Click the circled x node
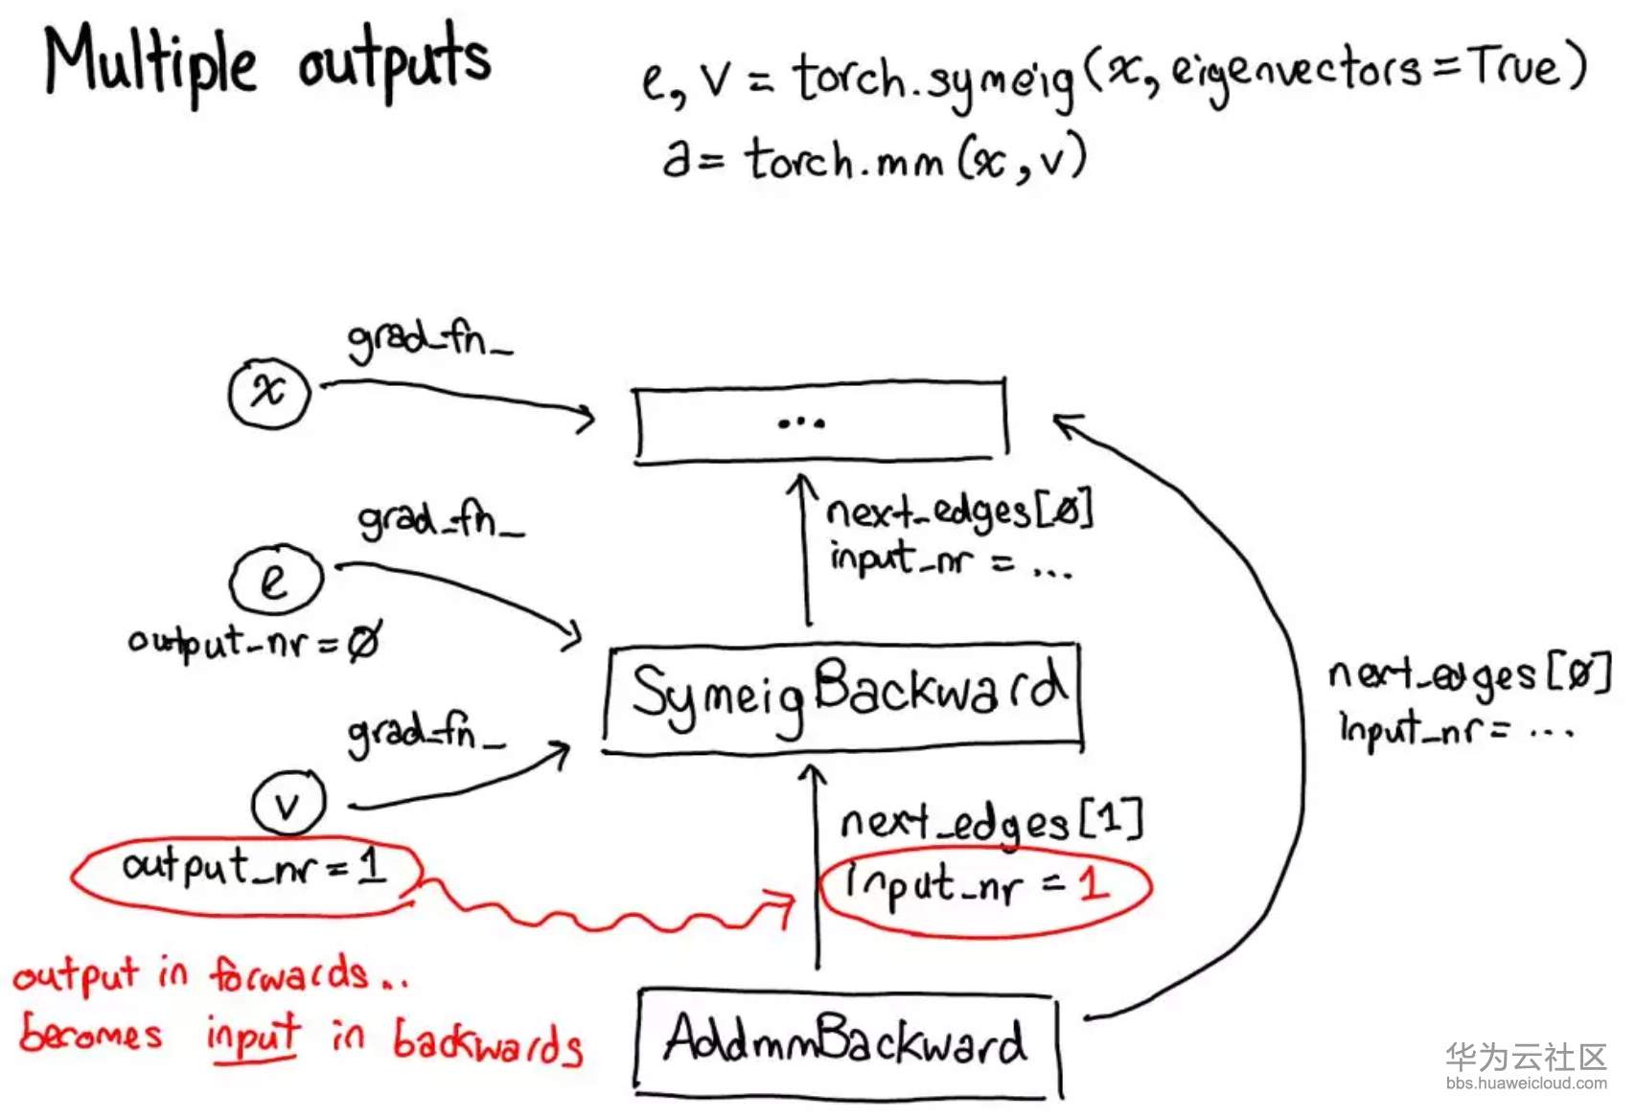[269, 392]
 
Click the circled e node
[276, 580]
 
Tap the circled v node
[288, 804]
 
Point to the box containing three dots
[819, 422]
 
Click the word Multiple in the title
[150, 62]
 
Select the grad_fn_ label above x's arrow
[428, 339]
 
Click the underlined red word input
[253, 1038]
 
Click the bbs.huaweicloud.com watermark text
[1526, 1084]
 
